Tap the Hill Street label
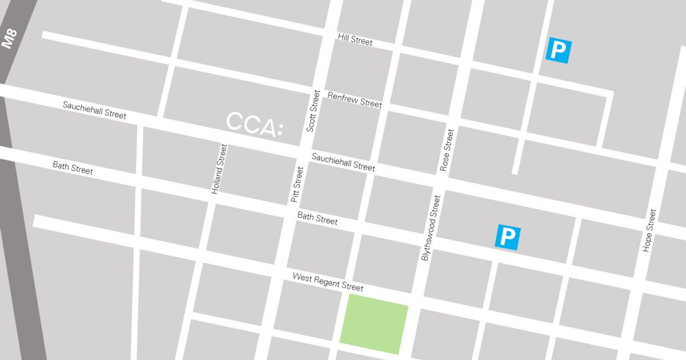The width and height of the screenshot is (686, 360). point(355,39)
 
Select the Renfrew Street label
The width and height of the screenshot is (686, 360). point(354,99)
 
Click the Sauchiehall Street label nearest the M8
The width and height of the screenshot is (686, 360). point(94,110)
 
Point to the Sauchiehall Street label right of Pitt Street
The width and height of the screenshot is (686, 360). point(343,162)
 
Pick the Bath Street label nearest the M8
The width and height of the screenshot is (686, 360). point(73,167)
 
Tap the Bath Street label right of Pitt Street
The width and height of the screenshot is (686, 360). point(317,218)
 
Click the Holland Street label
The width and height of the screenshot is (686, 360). point(220,169)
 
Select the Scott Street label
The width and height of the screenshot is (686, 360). point(314,111)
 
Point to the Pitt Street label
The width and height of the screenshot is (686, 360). point(297,184)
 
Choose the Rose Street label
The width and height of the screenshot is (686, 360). point(446,150)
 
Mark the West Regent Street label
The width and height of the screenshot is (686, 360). point(328,281)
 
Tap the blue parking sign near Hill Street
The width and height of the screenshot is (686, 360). point(558,50)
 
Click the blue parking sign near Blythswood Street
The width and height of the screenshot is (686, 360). point(508,237)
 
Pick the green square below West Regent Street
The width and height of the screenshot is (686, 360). point(374,323)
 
